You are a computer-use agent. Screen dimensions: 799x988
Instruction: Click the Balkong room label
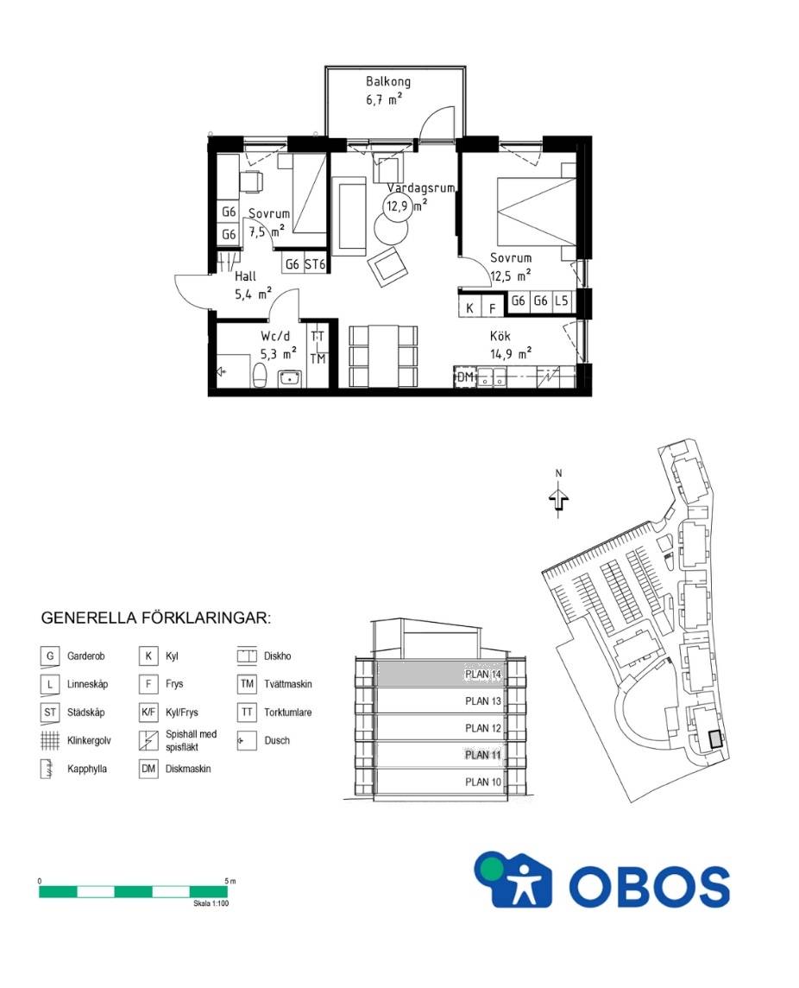[x=388, y=81]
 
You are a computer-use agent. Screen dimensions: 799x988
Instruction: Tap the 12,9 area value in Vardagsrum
[x=398, y=206]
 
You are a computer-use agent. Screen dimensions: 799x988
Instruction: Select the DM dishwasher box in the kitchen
[x=465, y=377]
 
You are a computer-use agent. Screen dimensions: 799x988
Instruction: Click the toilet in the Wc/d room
[x=260, y=377]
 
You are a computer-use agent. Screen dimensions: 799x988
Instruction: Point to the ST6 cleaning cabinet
[x=315, y=264]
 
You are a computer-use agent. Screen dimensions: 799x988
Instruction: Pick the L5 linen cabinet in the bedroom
[x=561, y=301]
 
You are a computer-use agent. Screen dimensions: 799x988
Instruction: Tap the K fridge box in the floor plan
[x=469, y=308]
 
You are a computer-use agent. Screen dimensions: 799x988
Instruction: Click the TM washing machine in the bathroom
[x=318, y=358]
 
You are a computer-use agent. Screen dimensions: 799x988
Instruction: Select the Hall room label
[x=246, y=276]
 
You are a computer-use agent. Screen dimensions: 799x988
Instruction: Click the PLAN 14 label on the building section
[x=483, y=674]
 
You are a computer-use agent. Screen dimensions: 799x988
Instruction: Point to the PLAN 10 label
[x=483, y=782]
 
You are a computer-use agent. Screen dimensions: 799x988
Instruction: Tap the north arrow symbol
[x=558, y=498]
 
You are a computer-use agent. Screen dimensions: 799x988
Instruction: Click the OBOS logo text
[x=649, y=886]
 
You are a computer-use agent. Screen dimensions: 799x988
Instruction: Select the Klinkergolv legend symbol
[x=50, y=740]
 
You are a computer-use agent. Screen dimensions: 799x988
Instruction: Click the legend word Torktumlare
[x=287, y=712]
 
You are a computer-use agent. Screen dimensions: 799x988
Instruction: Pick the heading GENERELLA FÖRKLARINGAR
[x=155, y=617]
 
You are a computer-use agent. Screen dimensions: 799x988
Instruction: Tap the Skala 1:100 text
[x=211, y=903]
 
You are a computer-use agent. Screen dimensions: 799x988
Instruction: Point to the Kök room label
[x=500, y=336]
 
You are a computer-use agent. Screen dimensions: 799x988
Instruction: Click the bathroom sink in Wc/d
[x=290, y=378]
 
